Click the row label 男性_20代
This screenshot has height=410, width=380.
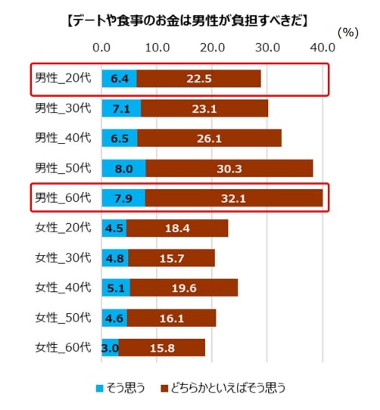(63, 79)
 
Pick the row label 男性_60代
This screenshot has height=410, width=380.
(63, 198)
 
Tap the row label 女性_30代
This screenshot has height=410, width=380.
(63, 257)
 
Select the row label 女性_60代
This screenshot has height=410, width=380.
(63, 347)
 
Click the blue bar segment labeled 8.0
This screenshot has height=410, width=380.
(123, 168)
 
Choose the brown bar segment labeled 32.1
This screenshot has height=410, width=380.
(234, 198)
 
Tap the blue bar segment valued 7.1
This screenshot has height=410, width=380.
(121, 108)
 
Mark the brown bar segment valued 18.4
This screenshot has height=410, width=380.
(177, 228)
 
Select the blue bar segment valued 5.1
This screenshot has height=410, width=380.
(116, 287)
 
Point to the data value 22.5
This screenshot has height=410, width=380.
(200, 79)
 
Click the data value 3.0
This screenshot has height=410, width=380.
(110, 348)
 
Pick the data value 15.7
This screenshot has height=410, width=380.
(172, 258)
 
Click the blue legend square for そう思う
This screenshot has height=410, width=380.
(99, 389)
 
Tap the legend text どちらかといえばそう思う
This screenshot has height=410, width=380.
(227, 389)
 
